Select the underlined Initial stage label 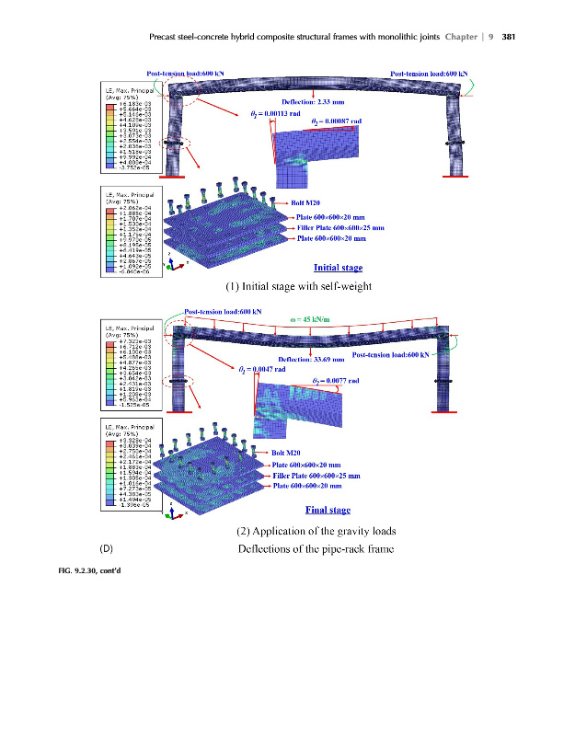[x=339, y=268]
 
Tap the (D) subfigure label [x=106, y=550]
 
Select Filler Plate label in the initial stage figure [x=340, y=227]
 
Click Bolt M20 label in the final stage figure [x=286, y=453]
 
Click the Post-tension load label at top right [x=429, y=72]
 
